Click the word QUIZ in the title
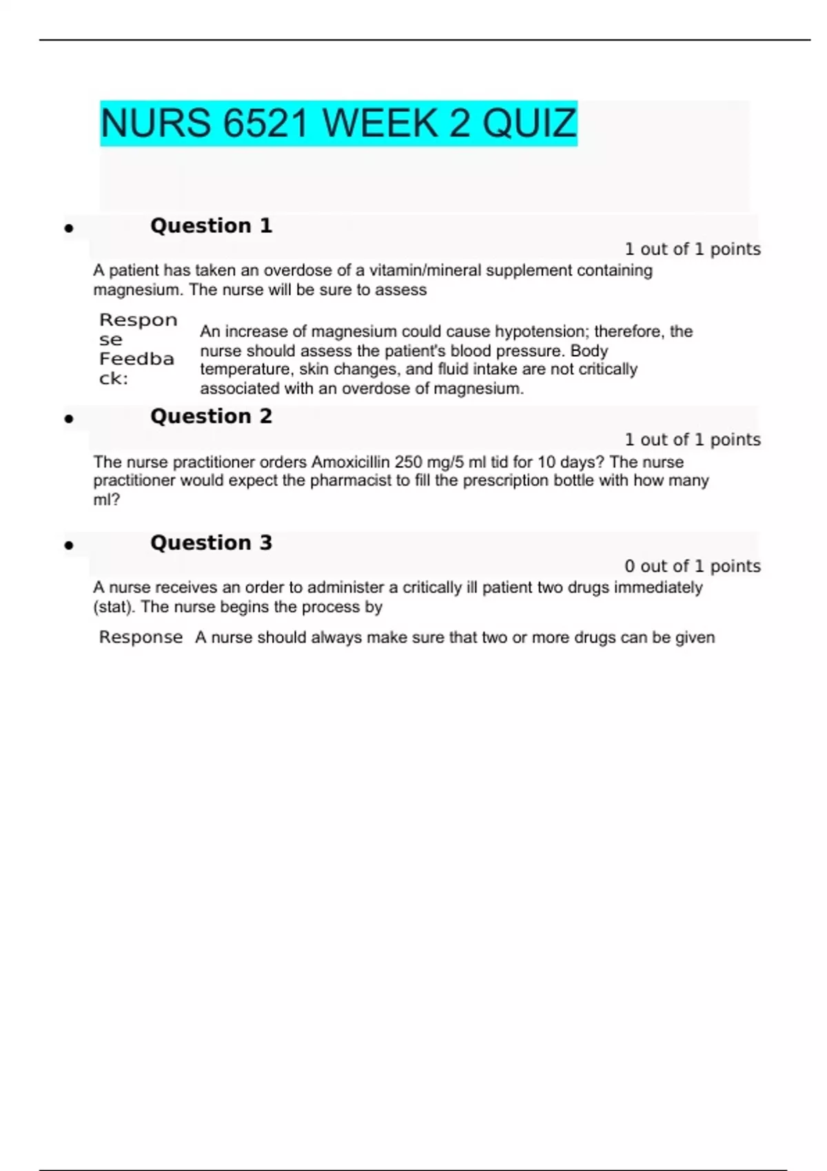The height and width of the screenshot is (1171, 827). tap(529, 124)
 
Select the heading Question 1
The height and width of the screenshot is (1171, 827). tap(211, 226)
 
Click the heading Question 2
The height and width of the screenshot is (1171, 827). tap(211, 416)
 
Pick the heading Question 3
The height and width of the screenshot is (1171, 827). tap(211, 543)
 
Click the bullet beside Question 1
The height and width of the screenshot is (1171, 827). tap(69, 228)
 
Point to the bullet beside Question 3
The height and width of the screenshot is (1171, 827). tap(69, 546)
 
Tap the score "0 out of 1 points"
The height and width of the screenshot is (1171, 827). tap(692, 566)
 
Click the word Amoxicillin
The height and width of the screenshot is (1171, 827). tap(351, 462)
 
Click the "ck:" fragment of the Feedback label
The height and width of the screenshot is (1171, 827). tap(114, 379)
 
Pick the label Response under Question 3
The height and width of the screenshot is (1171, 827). tap(141, 638)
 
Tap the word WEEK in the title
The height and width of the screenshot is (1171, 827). tap(379, 124)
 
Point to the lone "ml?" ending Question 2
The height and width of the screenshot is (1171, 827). tap(106, 500)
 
